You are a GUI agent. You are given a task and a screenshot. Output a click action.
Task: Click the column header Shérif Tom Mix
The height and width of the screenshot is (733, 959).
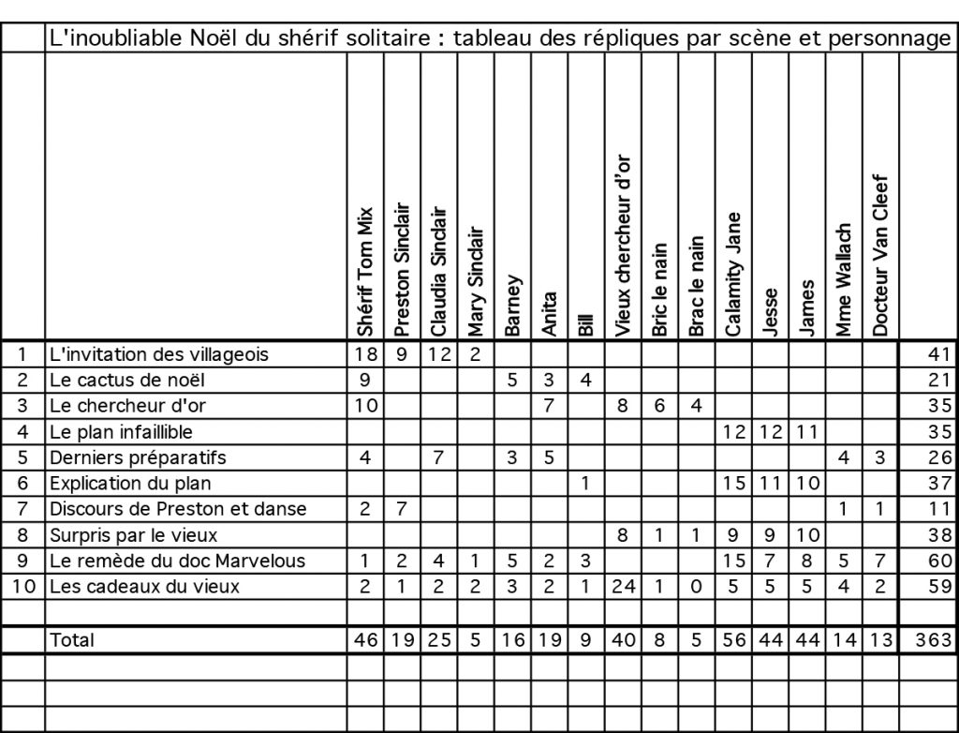pos(365,272)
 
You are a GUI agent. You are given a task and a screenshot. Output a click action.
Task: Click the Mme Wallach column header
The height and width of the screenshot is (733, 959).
pos(844,280)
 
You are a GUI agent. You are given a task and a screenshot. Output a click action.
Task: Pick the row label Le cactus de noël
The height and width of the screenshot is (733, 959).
pos(125,380)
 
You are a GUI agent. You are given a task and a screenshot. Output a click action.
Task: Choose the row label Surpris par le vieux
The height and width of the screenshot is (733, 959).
pos(133,535)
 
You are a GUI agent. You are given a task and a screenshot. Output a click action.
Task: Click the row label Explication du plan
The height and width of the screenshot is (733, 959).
pos(130,484)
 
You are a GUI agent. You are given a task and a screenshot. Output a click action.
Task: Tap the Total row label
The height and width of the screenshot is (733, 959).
pos(72,640)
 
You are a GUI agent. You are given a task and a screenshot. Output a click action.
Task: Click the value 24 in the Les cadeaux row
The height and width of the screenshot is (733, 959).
pos(622,588)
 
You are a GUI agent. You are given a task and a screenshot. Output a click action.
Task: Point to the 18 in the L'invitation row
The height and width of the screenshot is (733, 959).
pos(365,354)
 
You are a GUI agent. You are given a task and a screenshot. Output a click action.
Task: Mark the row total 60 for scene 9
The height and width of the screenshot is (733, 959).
pos(939,561)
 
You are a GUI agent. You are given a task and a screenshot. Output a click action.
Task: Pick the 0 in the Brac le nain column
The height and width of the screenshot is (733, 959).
pos(694,588)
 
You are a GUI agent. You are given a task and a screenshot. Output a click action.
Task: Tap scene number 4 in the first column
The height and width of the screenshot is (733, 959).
pos(22,432)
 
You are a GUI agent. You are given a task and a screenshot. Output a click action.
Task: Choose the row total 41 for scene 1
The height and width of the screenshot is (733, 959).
pos(939,354)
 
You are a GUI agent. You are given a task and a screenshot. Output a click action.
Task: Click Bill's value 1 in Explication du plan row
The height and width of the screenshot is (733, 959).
pos(585,484)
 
